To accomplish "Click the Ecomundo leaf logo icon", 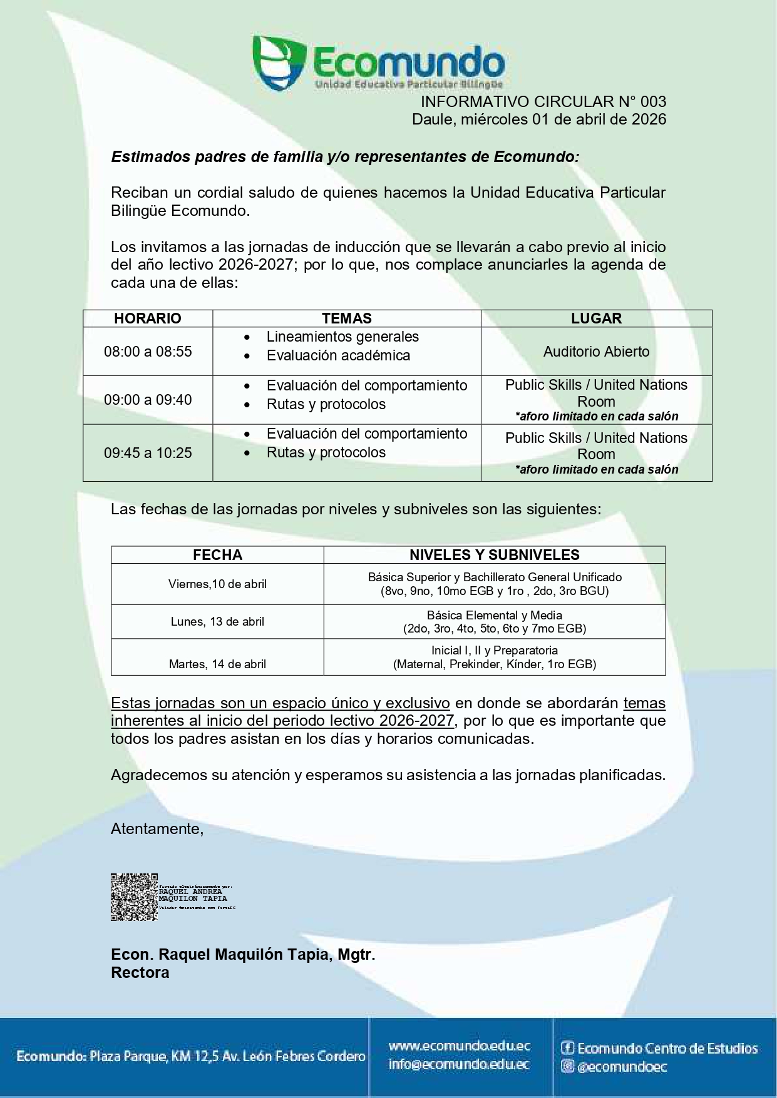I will (279, 61).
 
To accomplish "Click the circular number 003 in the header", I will (652, 102).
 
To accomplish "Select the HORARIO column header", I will (148, 318).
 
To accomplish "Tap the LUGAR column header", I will (596, 318).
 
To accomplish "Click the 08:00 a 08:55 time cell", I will (148, 352).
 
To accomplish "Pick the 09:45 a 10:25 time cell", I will (148, 453).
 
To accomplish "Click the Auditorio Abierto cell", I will (596, 352).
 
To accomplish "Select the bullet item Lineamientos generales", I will (342, 337).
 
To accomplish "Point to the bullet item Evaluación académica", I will (338, 355).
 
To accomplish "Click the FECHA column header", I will (217, 555).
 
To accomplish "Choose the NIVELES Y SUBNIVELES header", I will (494, 555).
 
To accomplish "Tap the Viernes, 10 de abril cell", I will (217, 584).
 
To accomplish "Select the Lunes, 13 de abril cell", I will (217, 622).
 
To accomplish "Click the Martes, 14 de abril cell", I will (217, 664).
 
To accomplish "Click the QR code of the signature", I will (134, 897).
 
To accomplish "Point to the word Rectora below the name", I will (140, 973).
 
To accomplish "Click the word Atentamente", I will (157, 829).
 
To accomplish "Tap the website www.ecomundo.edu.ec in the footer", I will (459, 1045).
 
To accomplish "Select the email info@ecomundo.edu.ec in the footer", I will (459, 1064).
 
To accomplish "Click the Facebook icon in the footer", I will (568, 1048).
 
